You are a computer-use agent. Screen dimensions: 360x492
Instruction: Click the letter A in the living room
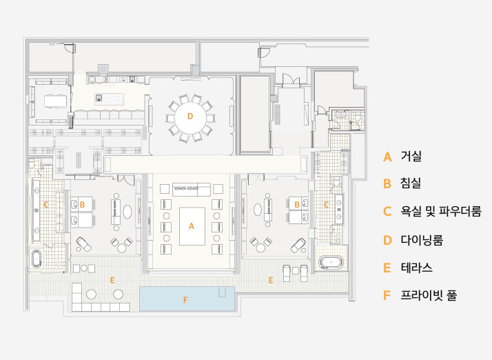tap(192, 226)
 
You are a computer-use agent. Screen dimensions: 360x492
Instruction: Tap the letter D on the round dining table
tap(190, 117)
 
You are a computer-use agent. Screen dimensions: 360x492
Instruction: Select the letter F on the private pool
tap(185, 299)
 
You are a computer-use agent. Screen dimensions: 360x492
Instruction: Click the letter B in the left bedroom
tap(82, 204)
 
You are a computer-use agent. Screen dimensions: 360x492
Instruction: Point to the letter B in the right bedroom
tap(297, 204)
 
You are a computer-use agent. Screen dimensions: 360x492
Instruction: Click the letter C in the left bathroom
tap(45, 204)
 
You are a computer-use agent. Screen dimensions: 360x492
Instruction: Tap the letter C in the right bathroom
tap(326, 204)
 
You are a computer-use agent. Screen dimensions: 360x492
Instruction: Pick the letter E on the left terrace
tap(112, 280)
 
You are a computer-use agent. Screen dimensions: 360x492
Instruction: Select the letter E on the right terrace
tap(270, 280)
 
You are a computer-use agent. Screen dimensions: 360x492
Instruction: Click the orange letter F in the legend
tap(387, 296)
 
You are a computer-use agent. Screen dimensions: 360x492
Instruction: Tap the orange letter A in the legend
tap(387, 157)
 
